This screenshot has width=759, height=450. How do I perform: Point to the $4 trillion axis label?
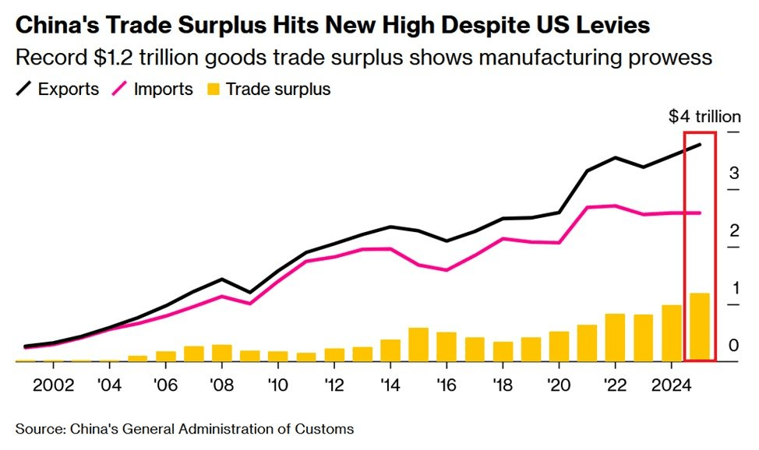click(x=704, y=117)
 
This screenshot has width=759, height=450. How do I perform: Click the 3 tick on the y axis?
click(x=734, y=173)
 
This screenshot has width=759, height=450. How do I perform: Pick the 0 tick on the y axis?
click(x=734, y=345)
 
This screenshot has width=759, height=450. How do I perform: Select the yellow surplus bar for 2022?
click(x=615, y=338)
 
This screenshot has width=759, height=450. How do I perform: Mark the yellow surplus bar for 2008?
click(x=222, y=353)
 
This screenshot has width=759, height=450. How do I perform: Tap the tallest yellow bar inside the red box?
click(x=699, y=327)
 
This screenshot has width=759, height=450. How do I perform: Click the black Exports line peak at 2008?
click(x=222, y=279)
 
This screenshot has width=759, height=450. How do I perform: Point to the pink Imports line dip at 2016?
click(x=447, y=270)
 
